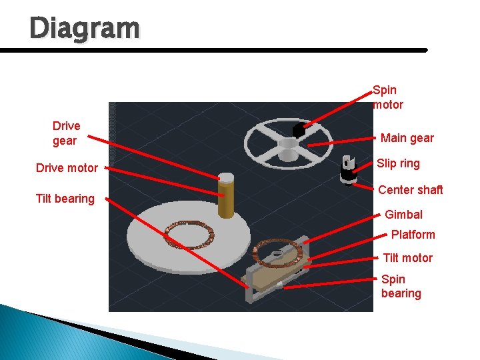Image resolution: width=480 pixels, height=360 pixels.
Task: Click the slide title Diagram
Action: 85,29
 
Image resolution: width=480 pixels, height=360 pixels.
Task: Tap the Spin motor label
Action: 388,97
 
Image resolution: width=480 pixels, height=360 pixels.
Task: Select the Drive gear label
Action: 67,133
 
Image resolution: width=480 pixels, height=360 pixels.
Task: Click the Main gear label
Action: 407,138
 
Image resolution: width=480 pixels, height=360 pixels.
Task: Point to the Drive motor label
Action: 67,168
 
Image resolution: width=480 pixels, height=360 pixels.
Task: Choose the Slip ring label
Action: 398,163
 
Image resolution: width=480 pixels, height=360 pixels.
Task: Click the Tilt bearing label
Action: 65,199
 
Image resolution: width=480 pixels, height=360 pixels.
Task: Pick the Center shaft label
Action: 410,190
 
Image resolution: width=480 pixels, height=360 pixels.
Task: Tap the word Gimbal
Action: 403,215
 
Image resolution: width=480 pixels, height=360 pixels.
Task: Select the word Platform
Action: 413,235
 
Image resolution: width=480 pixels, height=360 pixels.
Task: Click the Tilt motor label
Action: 407,258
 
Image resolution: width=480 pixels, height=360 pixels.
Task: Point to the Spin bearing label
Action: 401,286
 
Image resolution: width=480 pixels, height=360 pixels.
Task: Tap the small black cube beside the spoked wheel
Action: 299,131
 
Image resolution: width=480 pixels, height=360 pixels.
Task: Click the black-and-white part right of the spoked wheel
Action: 348,170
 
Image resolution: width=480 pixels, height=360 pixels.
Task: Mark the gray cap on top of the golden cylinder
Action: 227,178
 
